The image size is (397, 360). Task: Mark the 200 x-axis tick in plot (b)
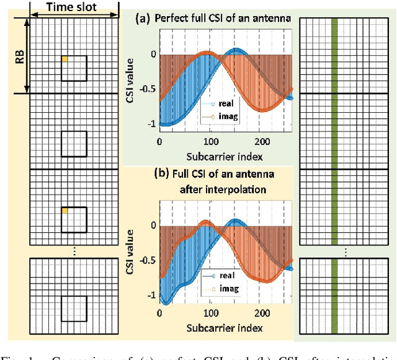(261, 313)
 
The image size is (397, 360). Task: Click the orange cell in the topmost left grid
(65, 59)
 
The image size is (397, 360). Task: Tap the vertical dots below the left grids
(74, 250)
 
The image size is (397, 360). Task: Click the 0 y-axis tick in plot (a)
(153, 55)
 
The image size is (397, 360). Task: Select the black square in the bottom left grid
(74, 309)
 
